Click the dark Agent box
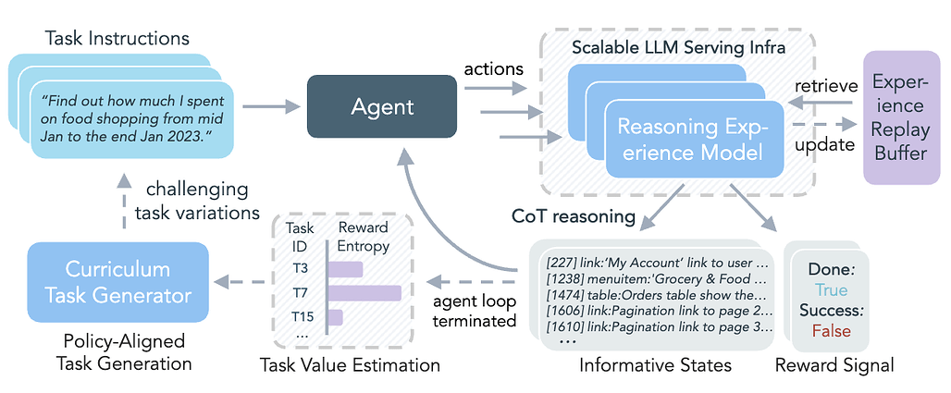(382, 107)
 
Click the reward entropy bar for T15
(336, 317)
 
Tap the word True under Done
(830, 289)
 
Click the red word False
(830, 331)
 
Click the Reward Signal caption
(835, 364)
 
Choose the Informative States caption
(655, 364)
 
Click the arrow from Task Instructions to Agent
(277, 107)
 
